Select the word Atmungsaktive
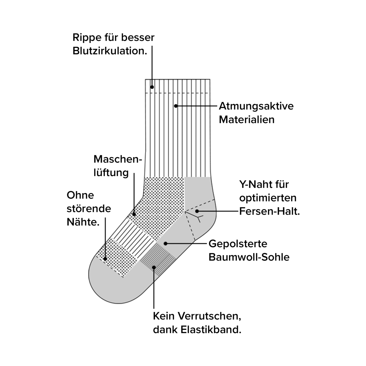tap(256, 106)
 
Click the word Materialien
tap(247, 119)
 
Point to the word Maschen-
tap(118, 159)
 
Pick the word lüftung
tap(111, 173)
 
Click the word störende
tap(89, 209)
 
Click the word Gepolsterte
tap(238, 244)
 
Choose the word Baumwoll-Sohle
tap(249, 257)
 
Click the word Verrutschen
tap(209, 316)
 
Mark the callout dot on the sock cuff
tap(152, 87)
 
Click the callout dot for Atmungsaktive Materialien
tap(176, 106)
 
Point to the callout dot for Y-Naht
tap(197, 211)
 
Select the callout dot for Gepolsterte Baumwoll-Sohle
tap(166, 243)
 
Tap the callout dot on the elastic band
tap(154, 267)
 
